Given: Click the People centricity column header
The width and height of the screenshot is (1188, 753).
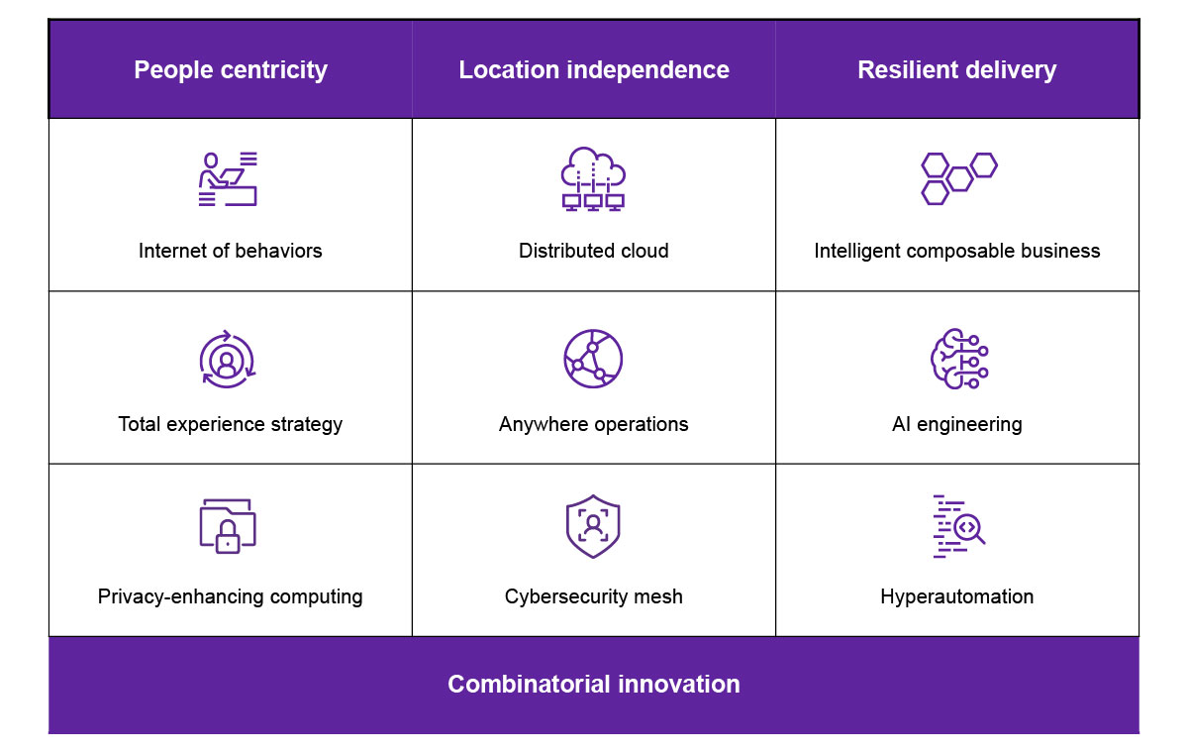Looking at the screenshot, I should (231, 70).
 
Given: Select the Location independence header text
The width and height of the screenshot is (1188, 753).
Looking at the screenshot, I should (594, 70).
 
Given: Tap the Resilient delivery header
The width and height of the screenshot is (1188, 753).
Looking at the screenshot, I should (956, 70).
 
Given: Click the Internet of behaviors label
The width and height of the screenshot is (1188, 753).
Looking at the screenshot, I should (231, 251).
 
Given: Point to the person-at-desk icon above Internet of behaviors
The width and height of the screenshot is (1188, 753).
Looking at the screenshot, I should (228, 179).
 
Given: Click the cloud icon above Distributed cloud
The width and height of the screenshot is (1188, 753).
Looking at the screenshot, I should (593, 178).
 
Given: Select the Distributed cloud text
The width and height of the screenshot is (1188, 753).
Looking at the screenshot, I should (593, 251).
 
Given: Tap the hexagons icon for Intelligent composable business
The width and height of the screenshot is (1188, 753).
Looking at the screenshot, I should (957, 178).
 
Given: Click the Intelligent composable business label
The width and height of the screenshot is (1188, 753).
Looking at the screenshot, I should (956, 251).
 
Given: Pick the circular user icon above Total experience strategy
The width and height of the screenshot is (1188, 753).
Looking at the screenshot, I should (228, 359).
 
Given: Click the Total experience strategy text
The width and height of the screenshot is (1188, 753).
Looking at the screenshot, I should (231, 424).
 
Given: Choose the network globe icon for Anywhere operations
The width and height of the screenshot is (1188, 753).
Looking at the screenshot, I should (593, 358).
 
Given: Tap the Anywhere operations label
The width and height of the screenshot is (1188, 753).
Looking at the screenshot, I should (593, 424).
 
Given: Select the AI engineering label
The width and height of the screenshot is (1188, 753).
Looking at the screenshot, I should (956, 424).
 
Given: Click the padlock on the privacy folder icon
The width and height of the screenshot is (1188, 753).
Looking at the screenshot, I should (228, 540).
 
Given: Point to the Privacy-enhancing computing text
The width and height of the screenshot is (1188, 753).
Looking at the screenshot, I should (231, 596).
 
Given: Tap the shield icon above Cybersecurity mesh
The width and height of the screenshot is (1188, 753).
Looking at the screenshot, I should (593, 526).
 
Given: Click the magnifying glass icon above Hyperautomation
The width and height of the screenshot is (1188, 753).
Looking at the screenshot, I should (969, 529).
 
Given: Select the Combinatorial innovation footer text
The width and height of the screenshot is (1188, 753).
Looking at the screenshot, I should (594, 684).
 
